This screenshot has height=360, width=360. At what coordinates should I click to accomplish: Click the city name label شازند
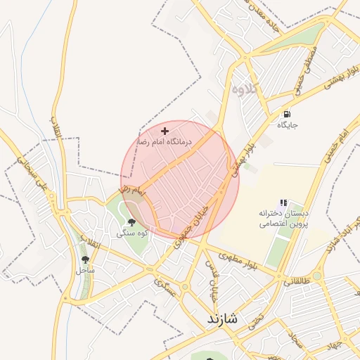click(x=223, y=319)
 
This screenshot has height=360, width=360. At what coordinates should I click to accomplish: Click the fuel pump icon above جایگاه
click(x=287, y=114)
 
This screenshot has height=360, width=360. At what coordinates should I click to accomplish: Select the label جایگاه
click(x=288, y=125)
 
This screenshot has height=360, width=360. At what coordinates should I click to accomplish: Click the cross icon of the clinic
click(x=165, y=131)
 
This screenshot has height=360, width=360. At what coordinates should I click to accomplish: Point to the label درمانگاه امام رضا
click(x=164, y=142)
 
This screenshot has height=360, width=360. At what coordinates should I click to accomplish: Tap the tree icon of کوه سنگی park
click(x=132, y=223)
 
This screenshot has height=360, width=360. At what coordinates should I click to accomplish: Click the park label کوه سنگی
click(x=131, y=233)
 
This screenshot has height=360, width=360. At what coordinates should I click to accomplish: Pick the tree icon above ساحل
click(x=86, y=259)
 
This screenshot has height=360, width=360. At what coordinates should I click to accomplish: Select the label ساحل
click(x=85, y=270)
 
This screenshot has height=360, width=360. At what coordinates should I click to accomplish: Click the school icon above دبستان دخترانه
click(x=283, y=202)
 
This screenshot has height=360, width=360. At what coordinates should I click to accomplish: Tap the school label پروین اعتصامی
click(x=281, y=224)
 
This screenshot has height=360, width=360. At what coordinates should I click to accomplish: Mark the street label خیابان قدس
click(x=210, y=277)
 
